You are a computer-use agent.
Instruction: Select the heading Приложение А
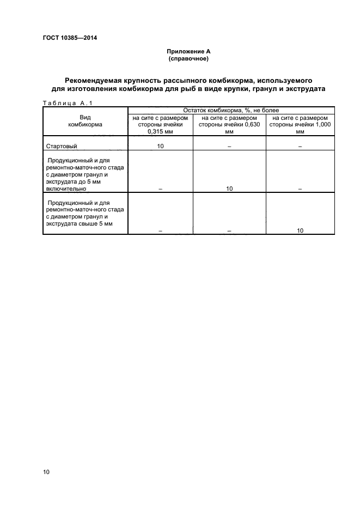188,51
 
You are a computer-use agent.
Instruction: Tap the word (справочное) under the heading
188,58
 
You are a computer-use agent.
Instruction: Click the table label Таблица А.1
64,103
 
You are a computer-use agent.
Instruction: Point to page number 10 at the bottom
46,472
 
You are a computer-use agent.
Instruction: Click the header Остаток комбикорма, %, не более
231,110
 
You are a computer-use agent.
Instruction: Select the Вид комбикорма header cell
85,121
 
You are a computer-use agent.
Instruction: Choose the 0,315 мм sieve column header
160,124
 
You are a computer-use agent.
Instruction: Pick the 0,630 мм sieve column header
229,124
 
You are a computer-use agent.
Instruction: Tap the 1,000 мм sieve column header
300,124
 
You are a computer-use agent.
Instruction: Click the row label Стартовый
61,146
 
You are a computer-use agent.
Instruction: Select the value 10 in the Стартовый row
160,146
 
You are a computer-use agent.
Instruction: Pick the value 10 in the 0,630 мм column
229,189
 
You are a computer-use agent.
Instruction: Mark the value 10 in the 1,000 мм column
300,231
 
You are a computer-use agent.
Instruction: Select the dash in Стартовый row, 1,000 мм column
300,147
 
